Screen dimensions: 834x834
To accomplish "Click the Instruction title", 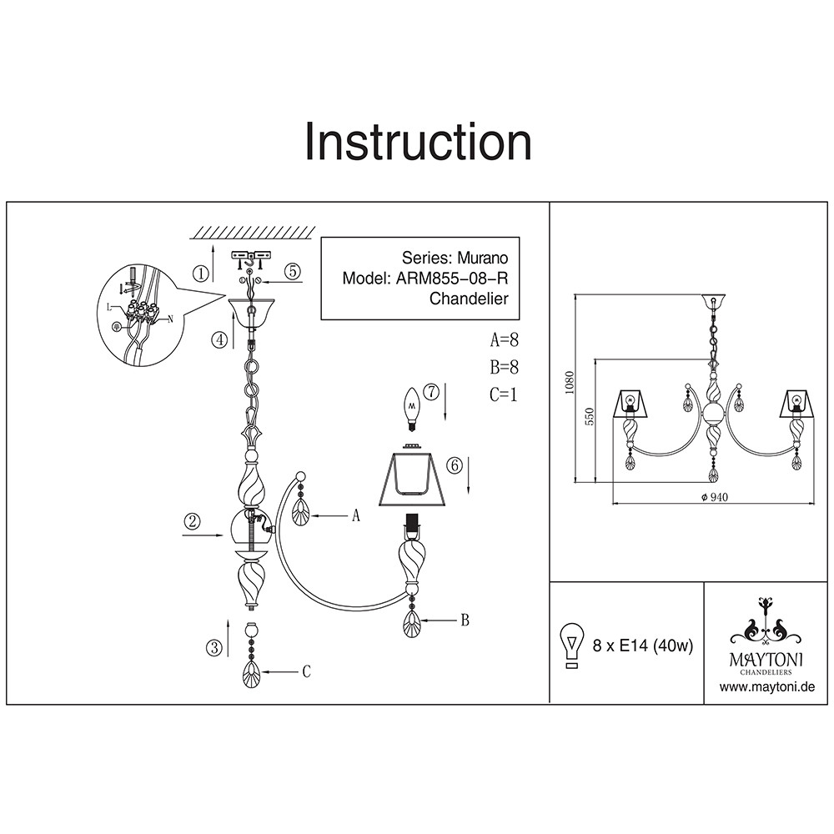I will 418,142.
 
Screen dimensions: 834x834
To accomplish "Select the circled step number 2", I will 193,523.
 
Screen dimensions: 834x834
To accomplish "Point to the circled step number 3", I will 215,646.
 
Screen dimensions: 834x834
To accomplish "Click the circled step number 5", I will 291,271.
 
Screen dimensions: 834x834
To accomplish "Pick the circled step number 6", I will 454,466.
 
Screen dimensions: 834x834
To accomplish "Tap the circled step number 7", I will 430,391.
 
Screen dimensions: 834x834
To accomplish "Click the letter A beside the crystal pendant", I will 355,517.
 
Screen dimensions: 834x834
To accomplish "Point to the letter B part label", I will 465,620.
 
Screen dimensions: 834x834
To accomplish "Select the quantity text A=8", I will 504,340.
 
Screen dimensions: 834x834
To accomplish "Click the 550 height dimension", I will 588,418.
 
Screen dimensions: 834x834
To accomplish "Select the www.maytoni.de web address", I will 766,687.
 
